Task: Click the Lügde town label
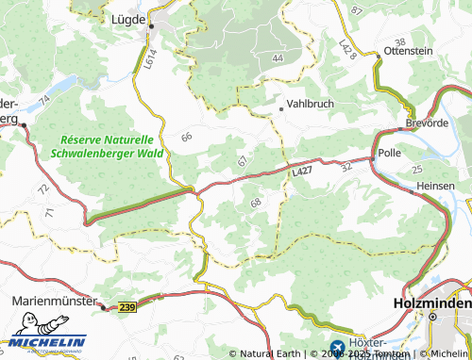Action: coord(129,18)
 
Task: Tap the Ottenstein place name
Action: coord(409,53)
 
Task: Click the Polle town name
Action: coord(389,152)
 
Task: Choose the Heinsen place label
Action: coord(435,186)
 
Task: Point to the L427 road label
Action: coord(301,172)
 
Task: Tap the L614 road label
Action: coord(150,60)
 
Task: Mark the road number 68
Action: coord(256,203)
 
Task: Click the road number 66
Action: coord(186,138)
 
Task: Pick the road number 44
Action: coord(277,58)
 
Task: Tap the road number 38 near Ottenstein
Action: coord(400,43)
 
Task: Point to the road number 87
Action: coord(356,9)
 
